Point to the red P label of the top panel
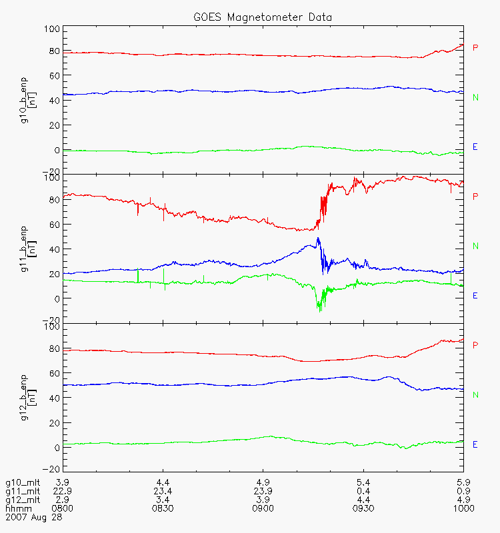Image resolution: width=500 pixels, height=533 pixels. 475,47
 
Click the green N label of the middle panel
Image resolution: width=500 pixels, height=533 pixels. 475,246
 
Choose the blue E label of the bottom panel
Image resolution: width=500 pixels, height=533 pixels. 475,444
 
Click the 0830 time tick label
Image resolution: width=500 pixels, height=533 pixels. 163,508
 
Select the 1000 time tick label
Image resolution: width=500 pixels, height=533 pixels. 463,508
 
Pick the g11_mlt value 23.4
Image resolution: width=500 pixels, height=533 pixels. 163,491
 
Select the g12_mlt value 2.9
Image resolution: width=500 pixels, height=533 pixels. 63,500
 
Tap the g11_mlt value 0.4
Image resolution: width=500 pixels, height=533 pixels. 363,491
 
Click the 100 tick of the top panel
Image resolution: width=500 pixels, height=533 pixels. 53,29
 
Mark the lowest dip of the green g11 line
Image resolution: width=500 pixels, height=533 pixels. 320,311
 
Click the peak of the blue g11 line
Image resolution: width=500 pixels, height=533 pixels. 319,238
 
